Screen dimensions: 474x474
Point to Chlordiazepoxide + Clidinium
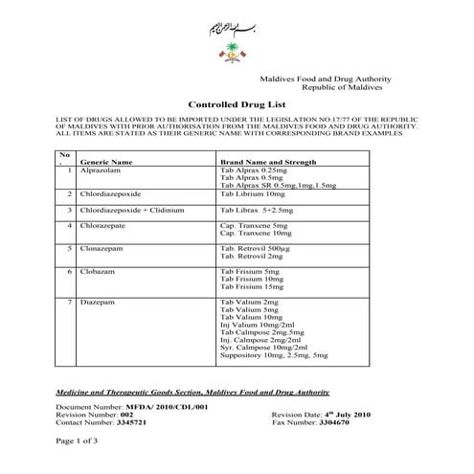pyautogui.click(x=131, y=209)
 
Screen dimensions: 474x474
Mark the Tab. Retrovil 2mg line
pyautogui.click(x=252, y=257)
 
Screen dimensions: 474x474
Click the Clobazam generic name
pyautogui.click(x=100, y=272)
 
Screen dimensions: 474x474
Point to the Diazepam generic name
pyautogui.click(x=99, y=303)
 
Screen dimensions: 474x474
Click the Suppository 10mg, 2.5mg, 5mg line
pyautogui.click(x=274, y=355)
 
